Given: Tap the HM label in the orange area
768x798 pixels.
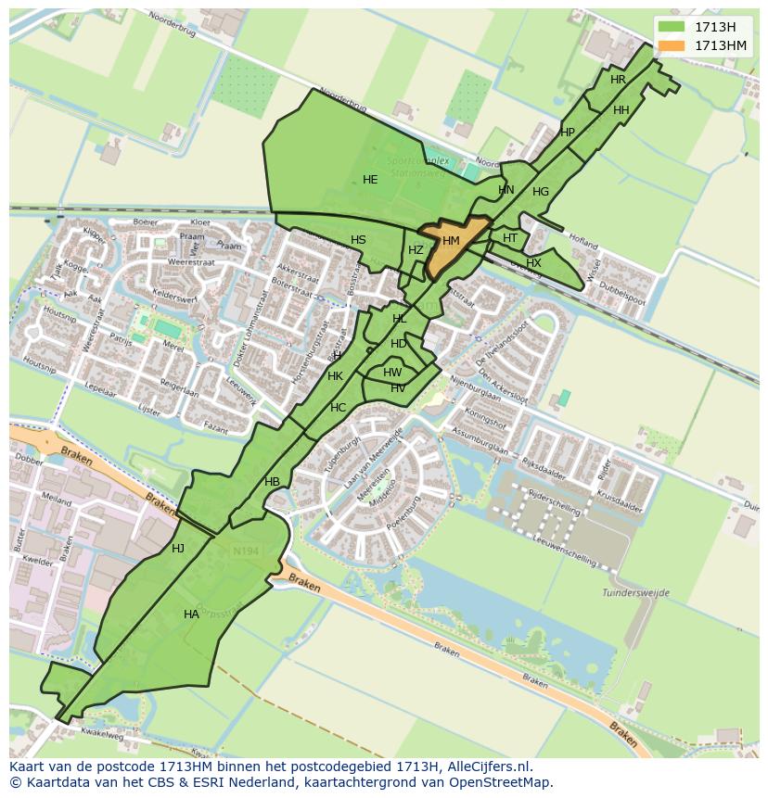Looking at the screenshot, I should pos(451,241).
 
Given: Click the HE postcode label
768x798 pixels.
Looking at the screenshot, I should pos(370,180).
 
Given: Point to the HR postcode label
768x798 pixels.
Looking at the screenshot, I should pos(618,80).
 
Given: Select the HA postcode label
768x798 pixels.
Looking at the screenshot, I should pos(191,614).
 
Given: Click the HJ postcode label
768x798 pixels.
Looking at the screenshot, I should pos(178,549).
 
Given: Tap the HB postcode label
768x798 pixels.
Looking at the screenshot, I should pos(272,482).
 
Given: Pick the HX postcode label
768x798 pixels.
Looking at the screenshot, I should pos(533,263).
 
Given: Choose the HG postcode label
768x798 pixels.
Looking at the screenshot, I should pos(541,192).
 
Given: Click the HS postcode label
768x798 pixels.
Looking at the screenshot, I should pos(358,240).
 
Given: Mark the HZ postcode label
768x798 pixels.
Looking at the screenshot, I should pos(416,250).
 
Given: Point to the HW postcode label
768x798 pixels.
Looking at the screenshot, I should pos(392,373).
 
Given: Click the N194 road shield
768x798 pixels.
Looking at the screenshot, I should pos(246,551).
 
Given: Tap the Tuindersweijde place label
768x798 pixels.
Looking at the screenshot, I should pos(661,593).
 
